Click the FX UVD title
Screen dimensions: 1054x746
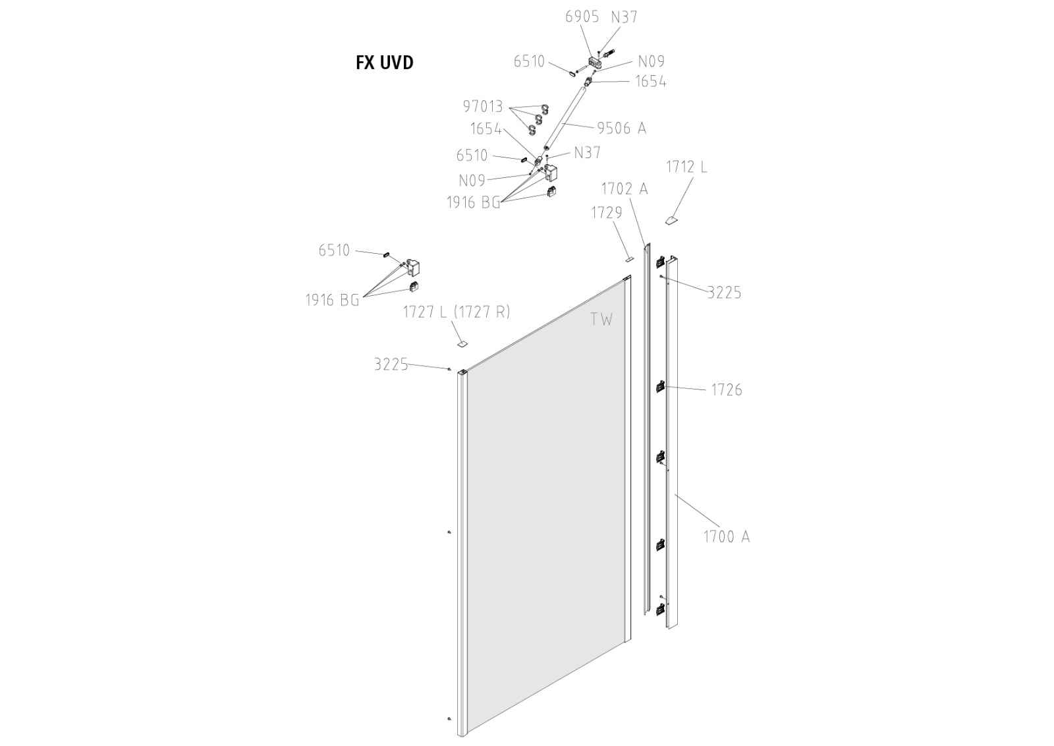[385, 63]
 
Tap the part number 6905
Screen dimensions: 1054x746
[582, 16]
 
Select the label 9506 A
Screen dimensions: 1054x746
[621, 128]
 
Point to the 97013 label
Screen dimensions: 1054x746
[483, 106]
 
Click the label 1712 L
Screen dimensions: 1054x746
[686, 167]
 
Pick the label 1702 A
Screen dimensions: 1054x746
[624, 189]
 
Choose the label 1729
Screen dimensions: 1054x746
[607, 212]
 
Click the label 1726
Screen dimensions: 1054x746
[727, 390]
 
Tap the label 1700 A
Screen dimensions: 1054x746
[727, 536]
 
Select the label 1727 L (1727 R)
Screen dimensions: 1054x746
[457, 312]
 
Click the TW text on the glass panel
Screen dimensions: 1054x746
[601, 320]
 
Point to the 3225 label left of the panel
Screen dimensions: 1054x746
[391, 364]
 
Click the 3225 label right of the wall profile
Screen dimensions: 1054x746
[724, 293]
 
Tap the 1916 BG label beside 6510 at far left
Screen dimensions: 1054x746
[332, 301]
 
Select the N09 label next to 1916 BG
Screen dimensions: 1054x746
[472, 180]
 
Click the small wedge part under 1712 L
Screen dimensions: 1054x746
[670, 221]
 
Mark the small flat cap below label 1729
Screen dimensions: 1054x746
[628, 259]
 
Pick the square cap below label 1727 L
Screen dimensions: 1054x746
[462, 343]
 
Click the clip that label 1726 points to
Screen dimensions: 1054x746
[660, 387]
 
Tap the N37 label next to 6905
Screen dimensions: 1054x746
[624, 16]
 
